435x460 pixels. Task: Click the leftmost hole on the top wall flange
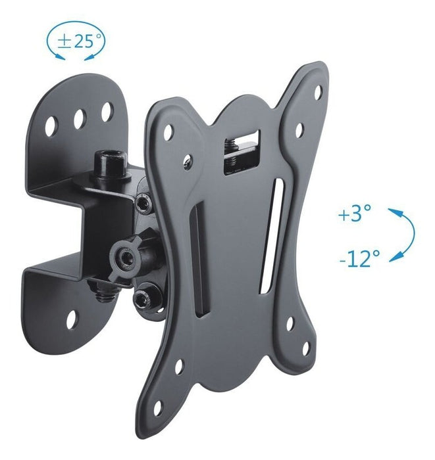52,123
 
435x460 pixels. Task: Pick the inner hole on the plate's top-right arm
297,129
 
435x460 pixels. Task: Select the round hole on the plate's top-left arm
168,131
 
